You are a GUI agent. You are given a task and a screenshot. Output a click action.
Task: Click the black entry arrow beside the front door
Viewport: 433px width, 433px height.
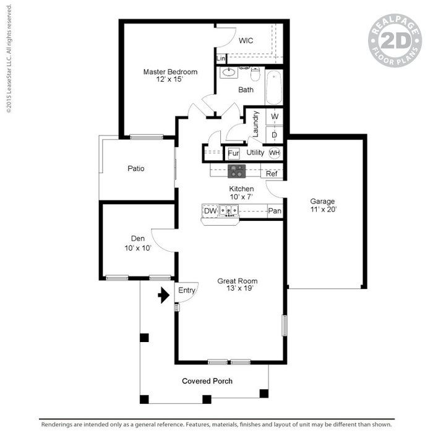pyautogui.click(x=164, y=295)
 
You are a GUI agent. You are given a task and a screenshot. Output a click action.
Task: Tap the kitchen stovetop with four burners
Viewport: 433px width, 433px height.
pyautogui.click(x=237, y=171)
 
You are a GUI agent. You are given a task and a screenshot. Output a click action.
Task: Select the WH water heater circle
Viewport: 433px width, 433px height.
pyautogui.click(x=275, y=153)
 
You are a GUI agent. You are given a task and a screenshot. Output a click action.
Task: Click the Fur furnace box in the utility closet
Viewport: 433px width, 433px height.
pyautogui.click(x=233, y=153)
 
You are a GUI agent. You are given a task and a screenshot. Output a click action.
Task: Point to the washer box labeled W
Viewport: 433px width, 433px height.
pyautogui.click(x=275, y=116)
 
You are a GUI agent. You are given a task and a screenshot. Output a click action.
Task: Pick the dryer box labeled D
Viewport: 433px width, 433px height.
pyautogui.click(x=275, y=135)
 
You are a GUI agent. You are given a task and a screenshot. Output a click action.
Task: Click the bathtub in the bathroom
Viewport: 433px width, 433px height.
pyautogui.click(x=274, y=87)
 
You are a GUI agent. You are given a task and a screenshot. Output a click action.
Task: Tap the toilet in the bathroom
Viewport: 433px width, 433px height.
pyautogui.click(x=255, y=74)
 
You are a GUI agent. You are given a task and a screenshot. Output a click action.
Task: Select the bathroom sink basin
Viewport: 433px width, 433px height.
pyautogui.click(x=229, y=72)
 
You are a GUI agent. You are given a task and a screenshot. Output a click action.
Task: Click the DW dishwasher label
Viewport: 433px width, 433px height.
pyautogui.click(x=210, y=211)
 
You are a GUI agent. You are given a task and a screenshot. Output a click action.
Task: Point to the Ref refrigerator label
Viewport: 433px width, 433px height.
pyautogui.click(x=272, y=174)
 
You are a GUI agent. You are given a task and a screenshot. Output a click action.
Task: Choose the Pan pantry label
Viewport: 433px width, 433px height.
pyautogui.click(x=275, y=211)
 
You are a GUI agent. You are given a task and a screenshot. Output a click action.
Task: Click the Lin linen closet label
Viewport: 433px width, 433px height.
pyautogui.click(x=221, y=59)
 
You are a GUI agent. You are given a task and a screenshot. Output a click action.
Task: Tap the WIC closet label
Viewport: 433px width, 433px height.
pyautogui.click(x=246, y=41)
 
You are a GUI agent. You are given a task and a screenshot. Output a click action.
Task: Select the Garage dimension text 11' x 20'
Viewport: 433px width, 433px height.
pyautogui.click(x=324, y=209)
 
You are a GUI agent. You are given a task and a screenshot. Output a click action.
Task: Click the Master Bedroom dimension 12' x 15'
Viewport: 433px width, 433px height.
pyautogui.click(x=169, y=79)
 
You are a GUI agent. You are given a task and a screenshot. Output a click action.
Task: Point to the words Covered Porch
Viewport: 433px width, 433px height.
pyautogui.click(x=207, y=381)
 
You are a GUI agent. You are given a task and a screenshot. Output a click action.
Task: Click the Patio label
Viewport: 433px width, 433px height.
pyautogui.click(x=136, y=168)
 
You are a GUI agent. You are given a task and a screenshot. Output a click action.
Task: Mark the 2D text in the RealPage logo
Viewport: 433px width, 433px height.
pyautogui.click(x=396, y=41)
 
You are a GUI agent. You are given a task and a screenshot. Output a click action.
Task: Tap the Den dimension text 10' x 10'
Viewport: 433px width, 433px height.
pyautogui.click(x=138, y=248)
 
